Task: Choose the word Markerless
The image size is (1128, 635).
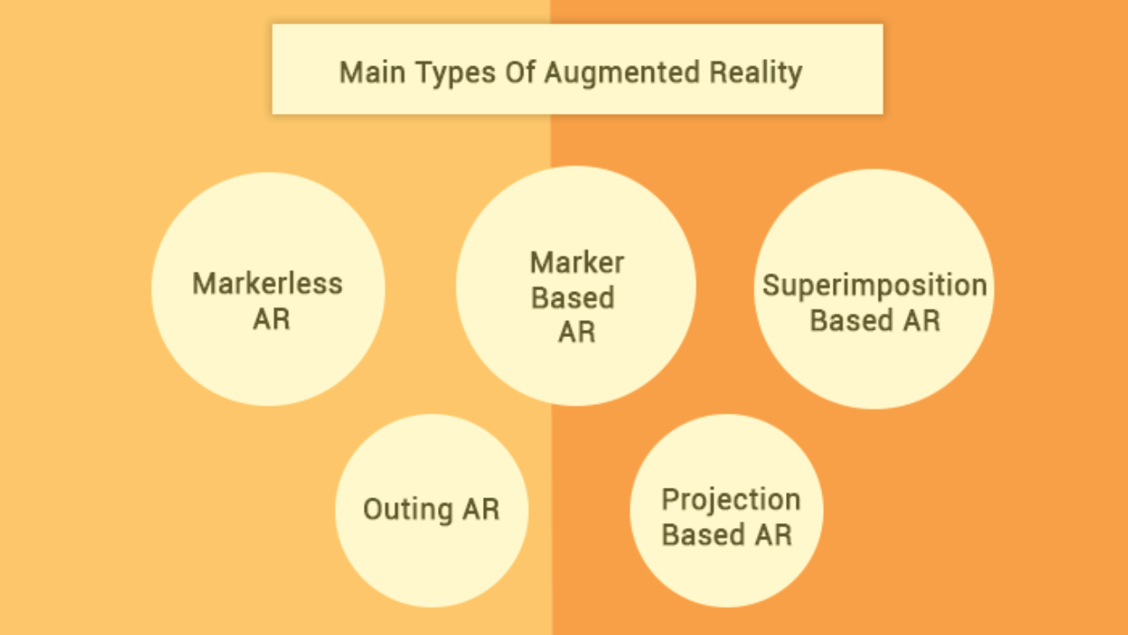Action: pyautogui.click(x=268, y=284)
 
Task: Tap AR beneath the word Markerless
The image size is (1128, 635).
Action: pyautogui.click(x=271, y=319)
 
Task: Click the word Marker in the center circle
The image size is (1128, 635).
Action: pyautogui.click(x=577, y=262)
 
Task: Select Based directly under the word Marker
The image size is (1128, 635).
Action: pyautogui.click(x=573, y=298)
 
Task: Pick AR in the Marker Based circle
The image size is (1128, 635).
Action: pyautogui.click(x=576, y=332)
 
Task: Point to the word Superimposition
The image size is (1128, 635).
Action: pyautogui.click(x=874, y=286)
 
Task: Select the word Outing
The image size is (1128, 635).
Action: pyautogui.click(x=407, y=510)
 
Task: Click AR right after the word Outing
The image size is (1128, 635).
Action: pyautogui.click(x=480, y=510)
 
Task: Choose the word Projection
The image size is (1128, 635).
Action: pyautogui.click(x=731, y=500)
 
